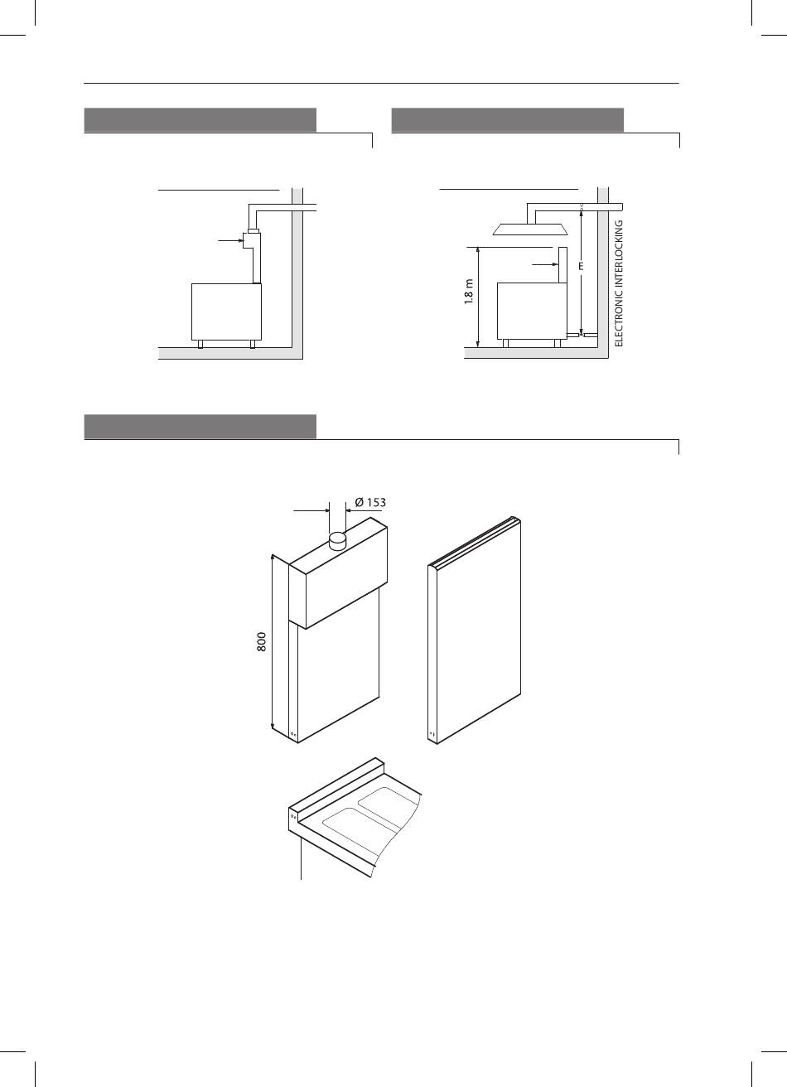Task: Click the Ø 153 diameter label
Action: click(370, 502)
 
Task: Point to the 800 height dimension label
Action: click(262, 642)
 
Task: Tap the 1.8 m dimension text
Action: click(469, 291)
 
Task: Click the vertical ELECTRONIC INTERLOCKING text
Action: click(618, 283)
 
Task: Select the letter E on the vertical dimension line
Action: click(581, 266)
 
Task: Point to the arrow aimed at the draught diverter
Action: click(230, 239)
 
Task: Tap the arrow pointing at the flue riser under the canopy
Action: click(545, 264)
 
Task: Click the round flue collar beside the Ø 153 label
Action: click(337, 540)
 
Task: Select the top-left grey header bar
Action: click(200, 120)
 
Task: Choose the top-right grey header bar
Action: click(508, 120)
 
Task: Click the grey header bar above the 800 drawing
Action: click(200, 427)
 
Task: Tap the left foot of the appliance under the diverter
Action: click(200, 344)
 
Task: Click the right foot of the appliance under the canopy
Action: click(558, 344)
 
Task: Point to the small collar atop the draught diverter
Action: click(253, 230)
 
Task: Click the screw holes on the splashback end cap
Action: click(293, 817)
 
